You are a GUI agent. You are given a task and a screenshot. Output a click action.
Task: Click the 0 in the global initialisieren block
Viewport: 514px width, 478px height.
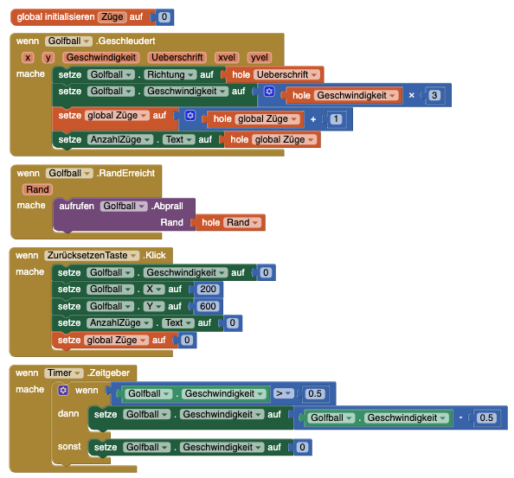pos(164,16)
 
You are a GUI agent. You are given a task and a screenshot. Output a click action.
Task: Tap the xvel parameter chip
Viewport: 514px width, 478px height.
pos(227,58)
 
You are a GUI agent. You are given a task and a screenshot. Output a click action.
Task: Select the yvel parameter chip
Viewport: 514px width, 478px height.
pos(260,58)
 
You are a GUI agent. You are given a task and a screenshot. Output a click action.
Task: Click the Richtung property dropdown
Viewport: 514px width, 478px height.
pos(170,74)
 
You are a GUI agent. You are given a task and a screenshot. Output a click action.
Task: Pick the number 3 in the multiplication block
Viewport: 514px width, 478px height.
pos(434,95)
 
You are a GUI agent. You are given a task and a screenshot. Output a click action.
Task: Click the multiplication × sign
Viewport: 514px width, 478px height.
pos(411,95)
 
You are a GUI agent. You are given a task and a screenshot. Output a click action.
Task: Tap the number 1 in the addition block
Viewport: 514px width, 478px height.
pos(336,118)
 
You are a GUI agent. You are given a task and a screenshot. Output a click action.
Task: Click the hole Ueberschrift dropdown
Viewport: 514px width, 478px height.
pos(286,74)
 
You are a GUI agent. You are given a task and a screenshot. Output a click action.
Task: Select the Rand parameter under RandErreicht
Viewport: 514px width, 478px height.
pos(37,189)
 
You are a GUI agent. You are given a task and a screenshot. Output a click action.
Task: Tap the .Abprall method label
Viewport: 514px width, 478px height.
pos(167,206)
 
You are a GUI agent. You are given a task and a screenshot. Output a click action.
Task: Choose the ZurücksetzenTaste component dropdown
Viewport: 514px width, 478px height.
pos(92,255)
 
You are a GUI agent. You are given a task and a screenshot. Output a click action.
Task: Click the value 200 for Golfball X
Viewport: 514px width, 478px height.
pos(209,289)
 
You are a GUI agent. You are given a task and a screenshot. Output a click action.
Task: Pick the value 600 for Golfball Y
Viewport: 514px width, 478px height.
pos(208,306)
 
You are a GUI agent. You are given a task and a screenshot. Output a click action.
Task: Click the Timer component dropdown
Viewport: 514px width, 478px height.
pos(64,373)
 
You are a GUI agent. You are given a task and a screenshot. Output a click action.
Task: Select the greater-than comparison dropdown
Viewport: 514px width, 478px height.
pos(284,393)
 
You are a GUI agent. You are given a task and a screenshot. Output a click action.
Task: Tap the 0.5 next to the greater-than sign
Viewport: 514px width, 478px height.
pos(315,393)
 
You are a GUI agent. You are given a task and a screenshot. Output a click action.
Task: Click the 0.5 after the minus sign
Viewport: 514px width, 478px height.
pos(486,417)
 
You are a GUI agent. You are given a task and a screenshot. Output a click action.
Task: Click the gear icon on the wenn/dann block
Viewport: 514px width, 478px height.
pos(63,390)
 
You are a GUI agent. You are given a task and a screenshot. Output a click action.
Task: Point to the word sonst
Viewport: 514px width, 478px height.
pos(69,447)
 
